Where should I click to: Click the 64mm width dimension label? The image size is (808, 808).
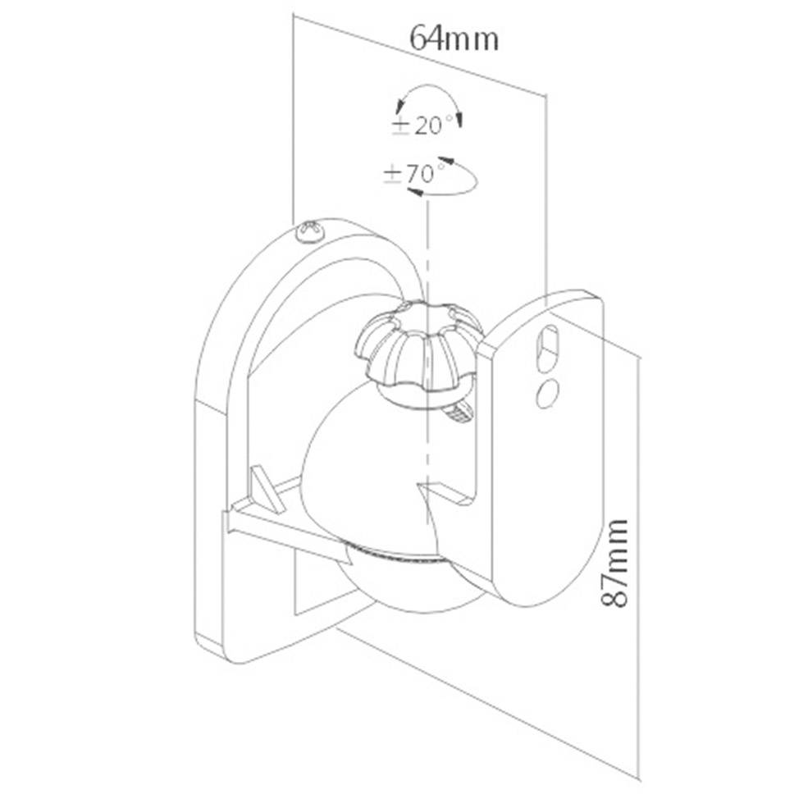[454, 38]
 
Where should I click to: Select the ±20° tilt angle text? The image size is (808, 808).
[426, 126]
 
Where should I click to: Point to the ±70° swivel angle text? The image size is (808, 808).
[416, 174]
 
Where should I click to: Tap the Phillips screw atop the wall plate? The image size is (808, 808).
[310, 233]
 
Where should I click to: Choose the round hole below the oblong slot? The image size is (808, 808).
[546, 392]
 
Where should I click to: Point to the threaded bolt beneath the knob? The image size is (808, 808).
[459, 414]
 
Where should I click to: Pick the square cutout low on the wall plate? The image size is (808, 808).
[316, 582]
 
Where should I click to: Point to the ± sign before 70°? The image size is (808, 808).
[392, 174]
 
